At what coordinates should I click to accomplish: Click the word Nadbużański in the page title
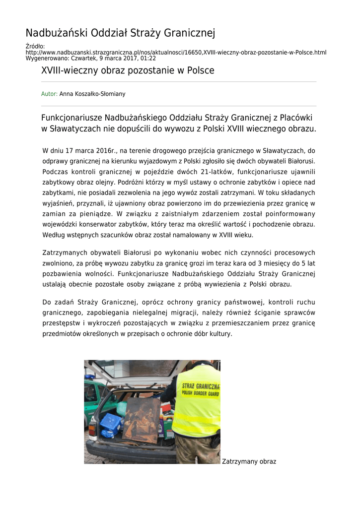coord(55,33)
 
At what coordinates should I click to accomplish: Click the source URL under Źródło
coord(176,52)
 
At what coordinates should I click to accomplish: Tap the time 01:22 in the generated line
coord(148,58)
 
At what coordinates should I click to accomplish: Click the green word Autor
coord(49,93)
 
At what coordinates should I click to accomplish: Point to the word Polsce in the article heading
coord(201,70)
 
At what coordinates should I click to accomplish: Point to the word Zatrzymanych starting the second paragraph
coord(67,253)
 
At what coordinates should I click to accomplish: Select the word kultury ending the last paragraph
coord(220,333)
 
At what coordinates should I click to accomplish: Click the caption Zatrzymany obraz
coord(249,461)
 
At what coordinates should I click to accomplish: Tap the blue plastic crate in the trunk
coord(111,423)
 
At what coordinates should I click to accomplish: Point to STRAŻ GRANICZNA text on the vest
coord(200,386)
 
